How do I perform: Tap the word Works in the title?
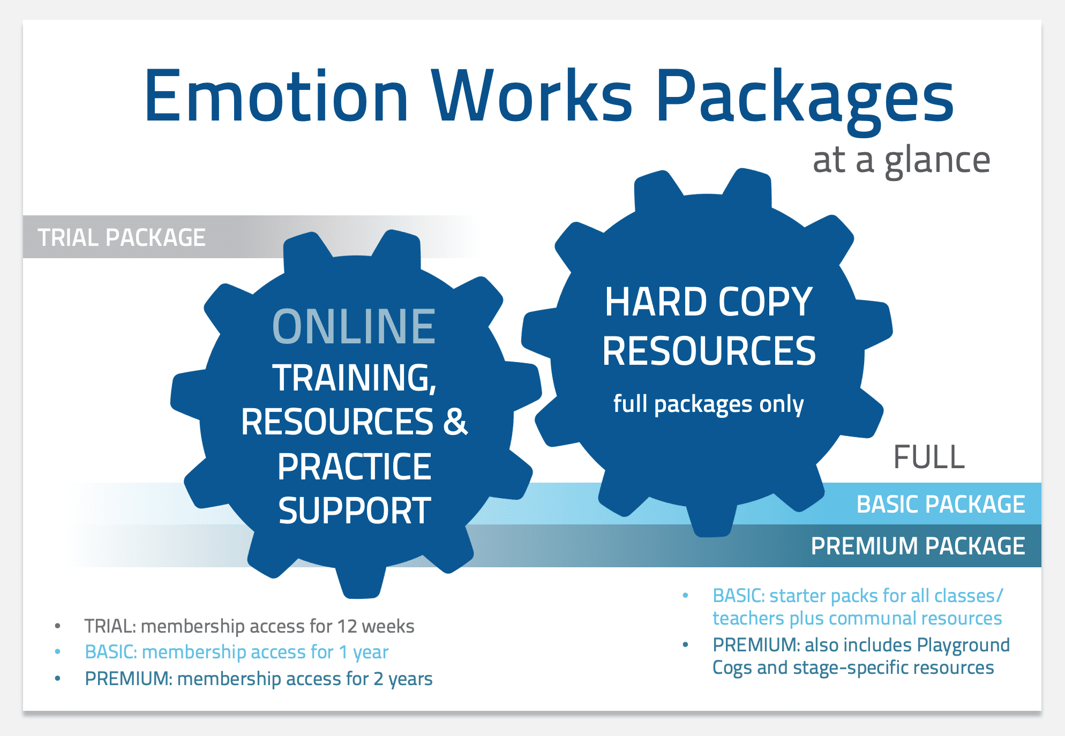tap(533, 96)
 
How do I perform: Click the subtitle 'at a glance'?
tap(901, 161)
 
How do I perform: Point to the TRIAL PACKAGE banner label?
tap(122, 237)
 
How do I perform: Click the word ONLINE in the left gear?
tap(354, 326)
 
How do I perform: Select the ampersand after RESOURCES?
tap(455, 422)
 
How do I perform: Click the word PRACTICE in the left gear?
tap(354, 467)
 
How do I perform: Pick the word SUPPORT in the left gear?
tap(354, 510)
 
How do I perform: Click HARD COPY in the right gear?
tap(709, 302)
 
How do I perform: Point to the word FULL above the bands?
tap(929, 457)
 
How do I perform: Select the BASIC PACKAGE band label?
tap(941, 504)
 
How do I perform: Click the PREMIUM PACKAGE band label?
tap(918, 546)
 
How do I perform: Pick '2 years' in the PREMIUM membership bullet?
tap(403, 679)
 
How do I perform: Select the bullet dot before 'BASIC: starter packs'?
tap(685, 596)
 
